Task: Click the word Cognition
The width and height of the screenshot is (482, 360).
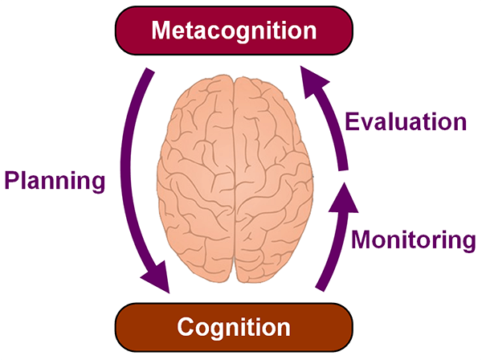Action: click(234, 327)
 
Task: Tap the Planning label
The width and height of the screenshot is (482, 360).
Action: click(55, 180)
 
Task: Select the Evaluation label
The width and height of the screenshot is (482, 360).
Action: click(405, 122)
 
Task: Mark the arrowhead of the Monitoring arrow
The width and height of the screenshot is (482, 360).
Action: click(342, 198)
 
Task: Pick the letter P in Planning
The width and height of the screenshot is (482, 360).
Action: click(12, 180)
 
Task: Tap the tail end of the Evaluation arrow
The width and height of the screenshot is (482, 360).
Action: click(343, 165)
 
